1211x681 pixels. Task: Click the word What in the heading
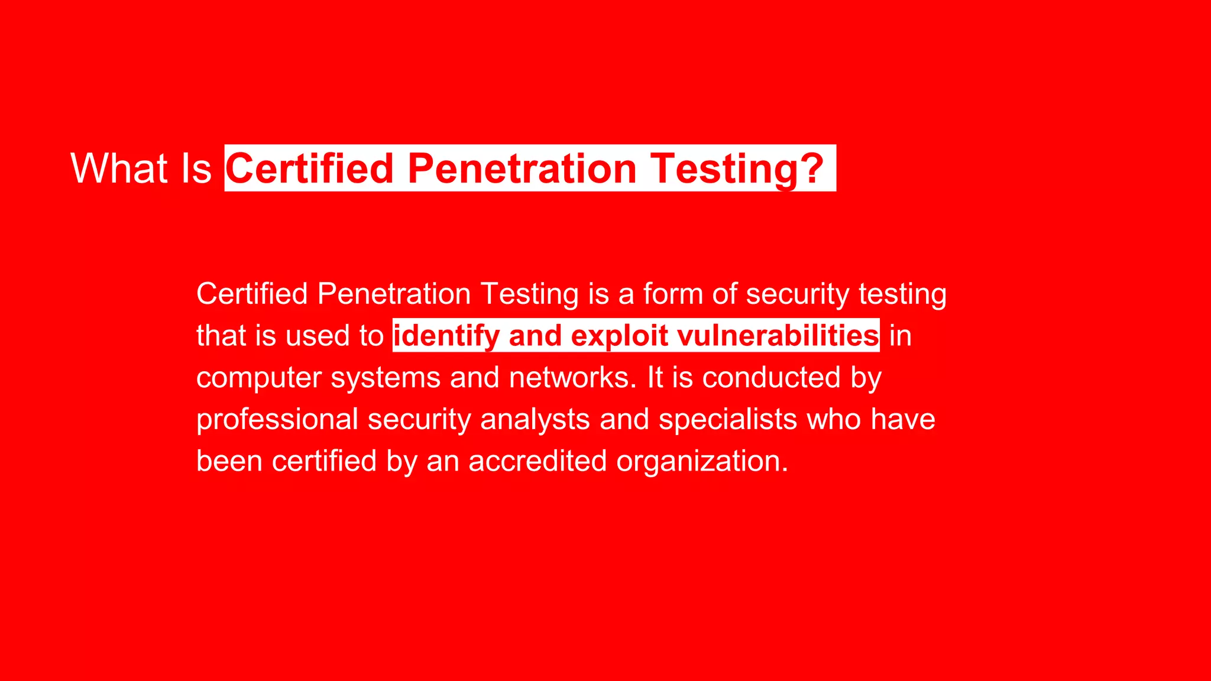point(119,168)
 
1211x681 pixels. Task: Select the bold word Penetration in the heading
point(522,168)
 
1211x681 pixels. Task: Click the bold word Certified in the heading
point(310,168)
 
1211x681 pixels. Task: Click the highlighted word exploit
point(619,336)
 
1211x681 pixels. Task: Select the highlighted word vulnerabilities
point(778,336)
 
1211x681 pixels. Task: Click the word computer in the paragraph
point(258,378)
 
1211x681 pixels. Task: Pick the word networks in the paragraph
point(572,378)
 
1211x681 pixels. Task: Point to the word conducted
point(771,378)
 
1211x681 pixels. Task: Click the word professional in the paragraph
point(277,420)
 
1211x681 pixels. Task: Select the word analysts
point(535,420)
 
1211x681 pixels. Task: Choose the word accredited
point(537,461)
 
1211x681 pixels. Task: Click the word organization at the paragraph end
point(702,461)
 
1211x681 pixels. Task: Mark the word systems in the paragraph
point(386,378)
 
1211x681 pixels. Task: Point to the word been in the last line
point(229,461)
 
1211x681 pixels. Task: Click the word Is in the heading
point(196,168)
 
